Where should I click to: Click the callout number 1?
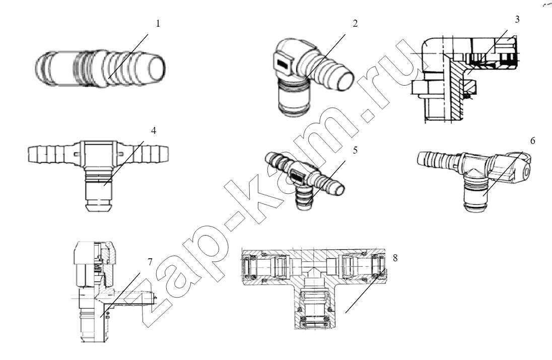point(158,24)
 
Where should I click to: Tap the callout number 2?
point(355,23)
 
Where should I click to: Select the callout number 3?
point(517,19)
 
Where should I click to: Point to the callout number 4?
point(153,130)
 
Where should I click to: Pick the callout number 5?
point(355,150)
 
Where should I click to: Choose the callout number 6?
point(533,141)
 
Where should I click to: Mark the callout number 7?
point(150,262)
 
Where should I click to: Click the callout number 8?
point(395,258)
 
